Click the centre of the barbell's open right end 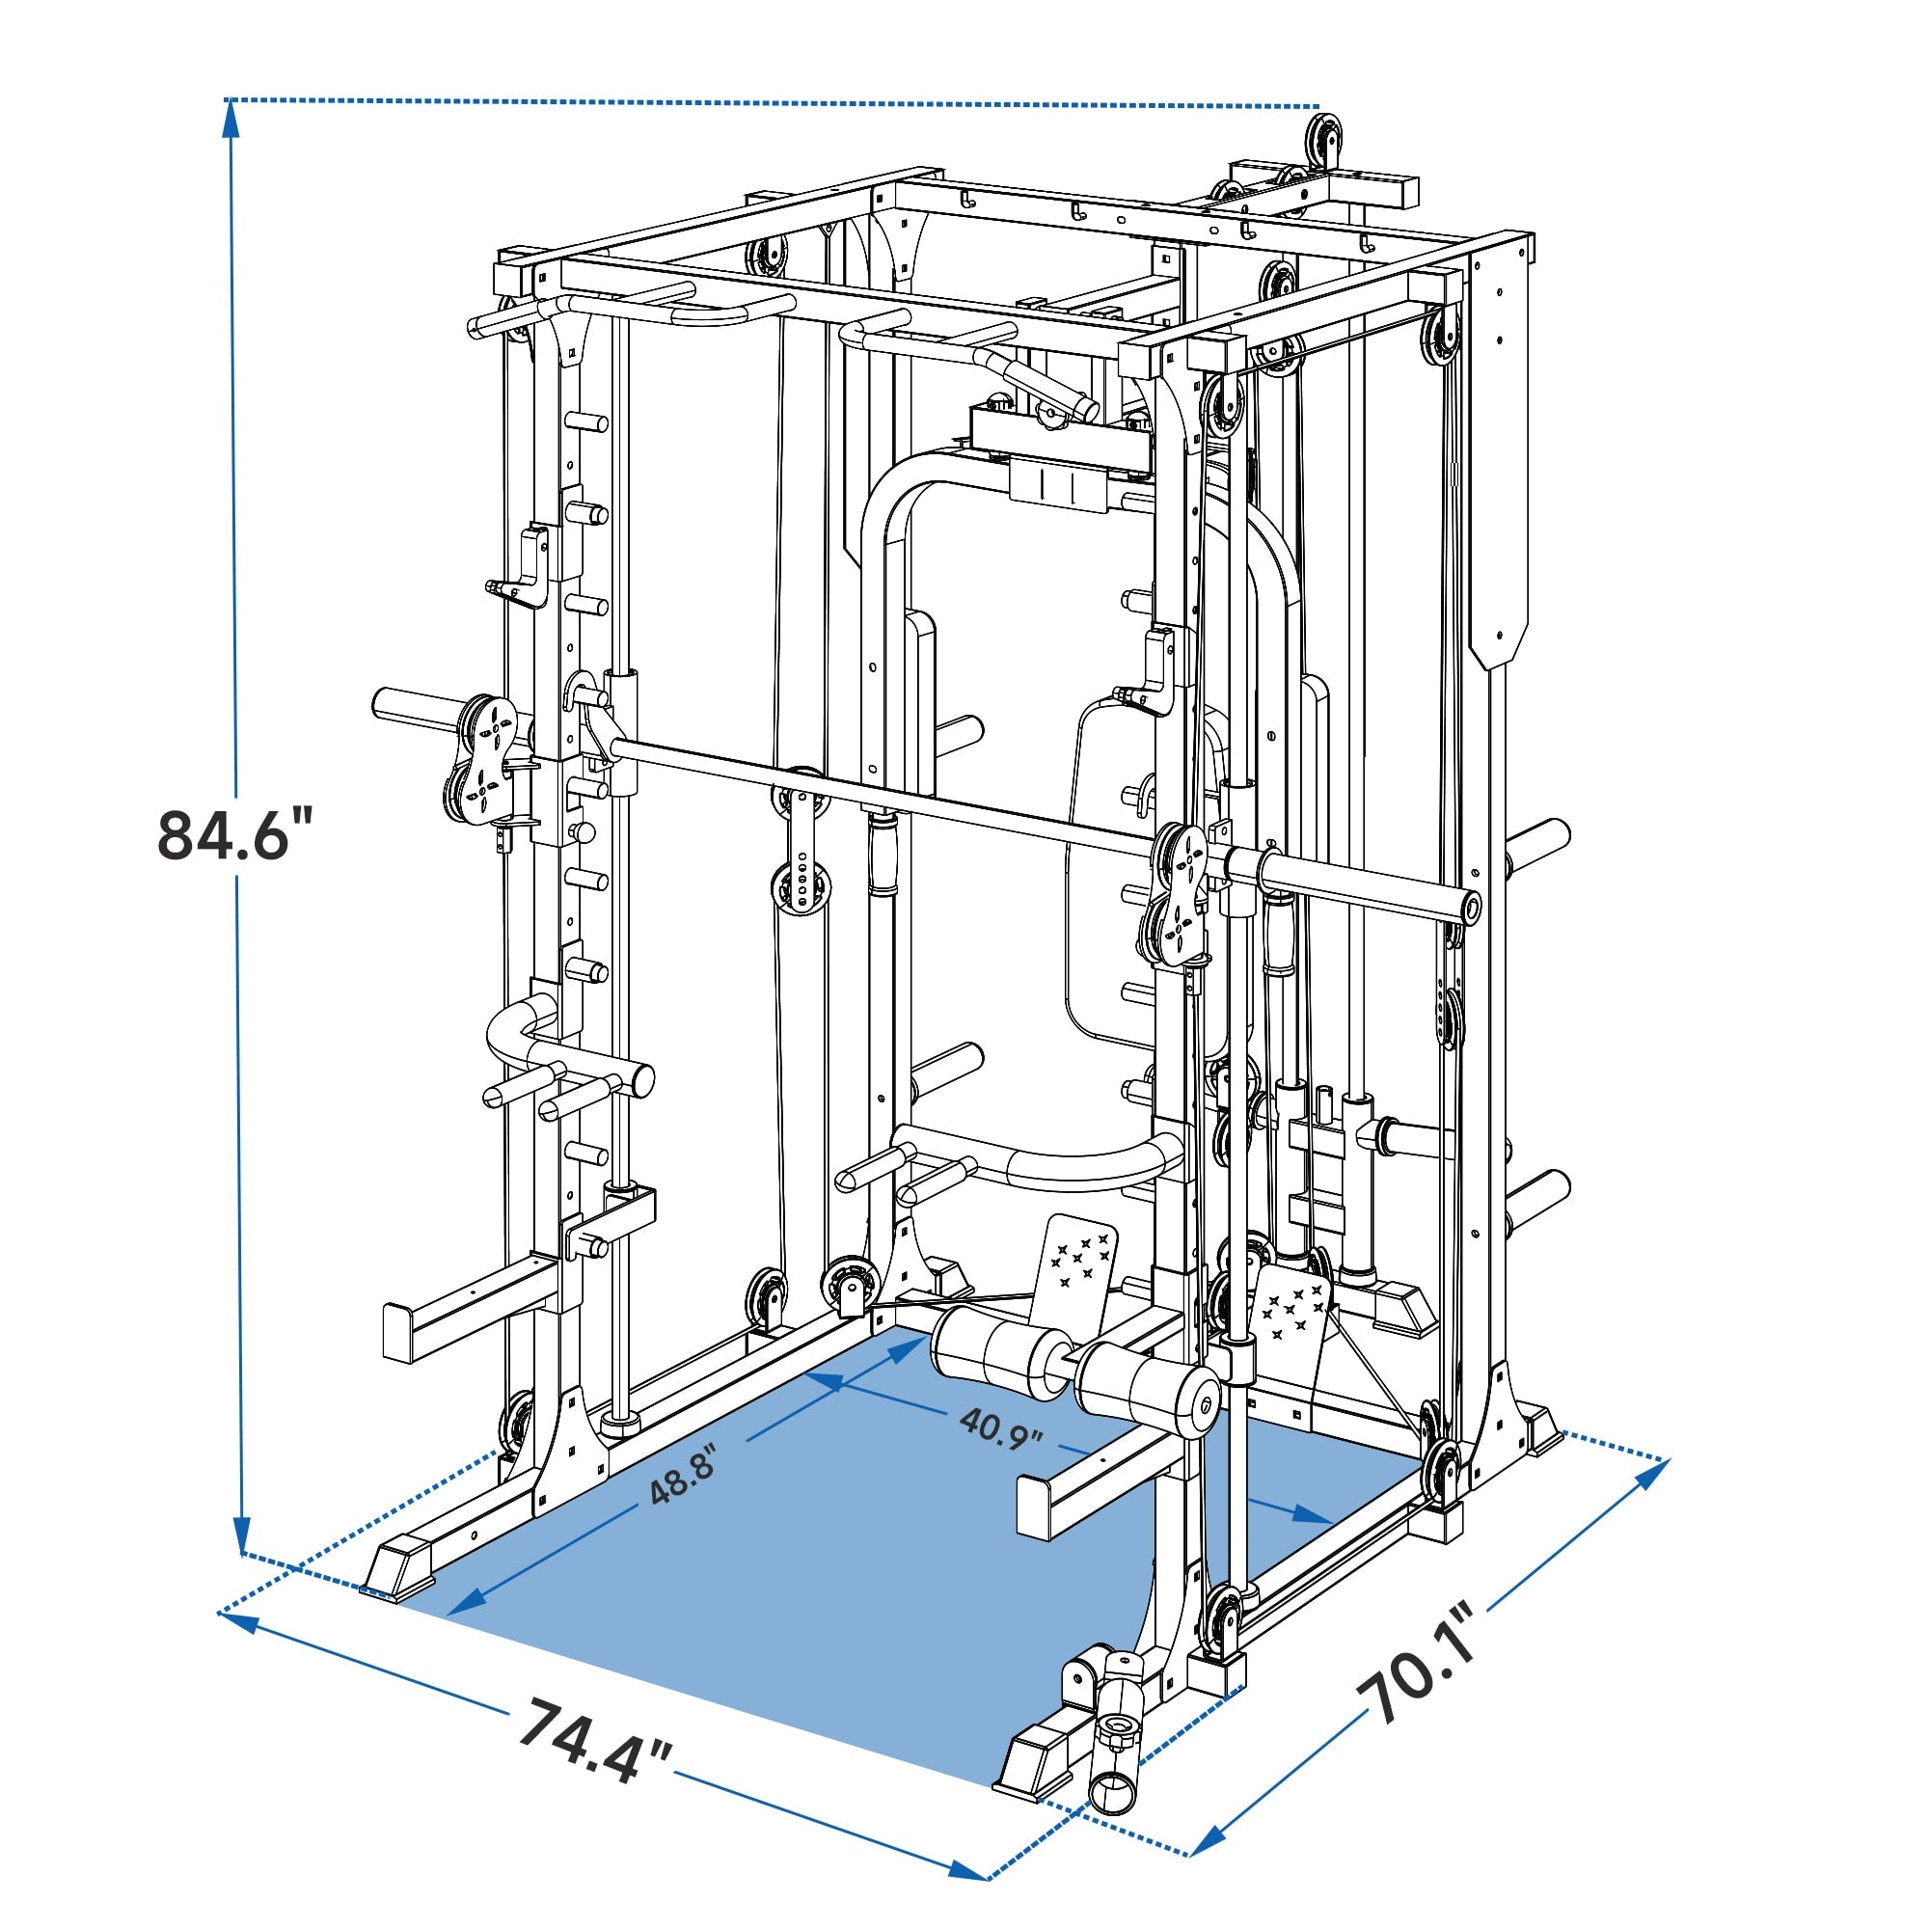pyautogui.click(x=1471, y=907)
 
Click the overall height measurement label pyautogui.click(x=236, y=834)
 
